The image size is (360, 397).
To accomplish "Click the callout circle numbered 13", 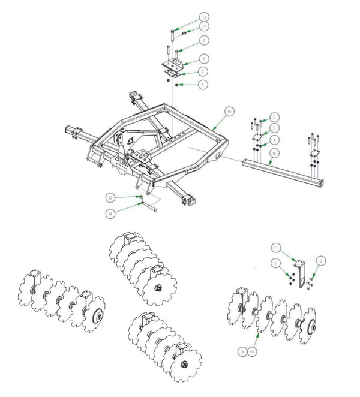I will pyautogui.click(x=205, y=16).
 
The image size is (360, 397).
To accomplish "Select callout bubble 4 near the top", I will pyautogui.click(x=205, y=40).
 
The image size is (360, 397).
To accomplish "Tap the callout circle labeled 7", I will pyautogui.click(x=205, y=71).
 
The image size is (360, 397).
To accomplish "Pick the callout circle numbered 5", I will pyautogui.click(x=205, y=85).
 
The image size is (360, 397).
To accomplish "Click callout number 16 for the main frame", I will pyautogui.click(x=229, y=112).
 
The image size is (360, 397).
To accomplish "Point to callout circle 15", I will pyautogui.click(x=273, y=154).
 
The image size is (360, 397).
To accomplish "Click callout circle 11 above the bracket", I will pyautogui.click(x=277, y=247).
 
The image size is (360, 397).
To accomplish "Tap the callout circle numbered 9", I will pyautogui.click(x=241, y=351).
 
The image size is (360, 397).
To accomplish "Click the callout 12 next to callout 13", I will pyautogui.click(x=205, y=26).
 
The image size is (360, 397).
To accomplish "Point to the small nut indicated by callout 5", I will pyautogui.click(x=176, y=85).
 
